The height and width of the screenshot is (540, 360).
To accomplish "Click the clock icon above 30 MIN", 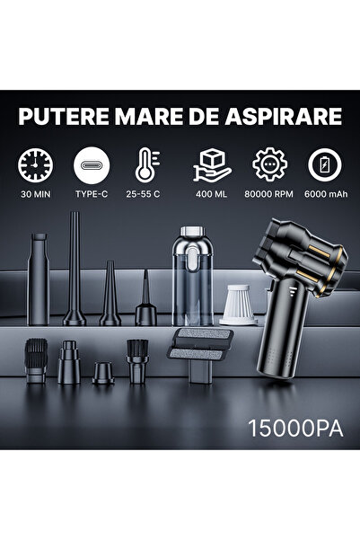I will (36, 166).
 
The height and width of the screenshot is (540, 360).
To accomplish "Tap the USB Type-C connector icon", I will (92, 166).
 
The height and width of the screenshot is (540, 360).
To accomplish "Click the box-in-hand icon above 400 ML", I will (213, 166).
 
